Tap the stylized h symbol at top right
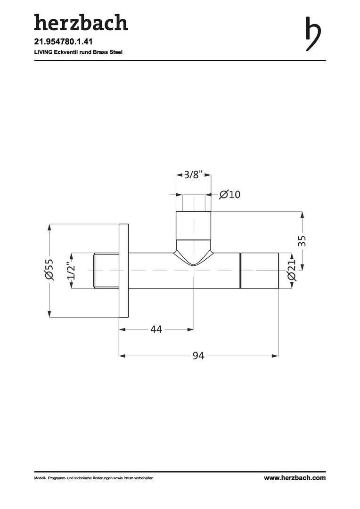313,33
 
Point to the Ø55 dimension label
49,270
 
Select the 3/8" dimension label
194,175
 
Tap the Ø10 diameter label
229,194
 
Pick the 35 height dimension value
302,241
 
